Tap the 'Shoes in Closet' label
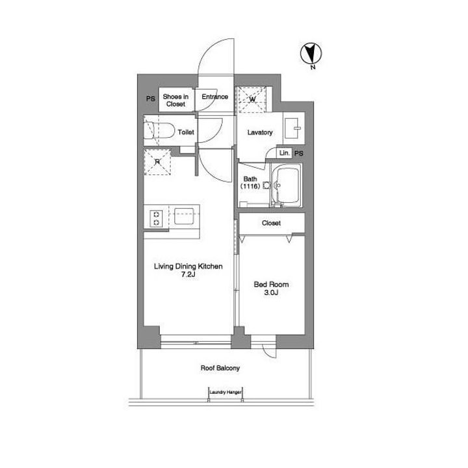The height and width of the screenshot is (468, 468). (x=175, y=100)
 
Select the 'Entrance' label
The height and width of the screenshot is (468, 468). (x=214, y=97)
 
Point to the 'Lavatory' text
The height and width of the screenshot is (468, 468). (x=260, y=133)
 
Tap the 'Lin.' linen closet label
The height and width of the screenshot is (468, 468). (x=283, y=153)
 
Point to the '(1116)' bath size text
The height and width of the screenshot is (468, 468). (x=252, y=187)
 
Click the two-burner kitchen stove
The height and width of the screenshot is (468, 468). (x=157, y=218)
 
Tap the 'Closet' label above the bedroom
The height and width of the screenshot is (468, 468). (x=271, y=223)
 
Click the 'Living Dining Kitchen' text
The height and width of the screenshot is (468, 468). (x=188, y=266)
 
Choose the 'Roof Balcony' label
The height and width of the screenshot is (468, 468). (x=220, y=368)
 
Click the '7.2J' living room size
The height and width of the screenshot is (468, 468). (x=188, y=276)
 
